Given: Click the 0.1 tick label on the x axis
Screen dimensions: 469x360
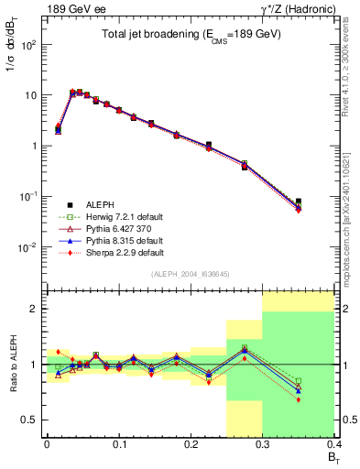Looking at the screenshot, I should pos(119,446).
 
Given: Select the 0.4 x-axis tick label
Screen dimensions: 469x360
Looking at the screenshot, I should pos(334,446).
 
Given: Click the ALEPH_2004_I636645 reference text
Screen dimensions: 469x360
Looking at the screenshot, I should pos(191,275).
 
